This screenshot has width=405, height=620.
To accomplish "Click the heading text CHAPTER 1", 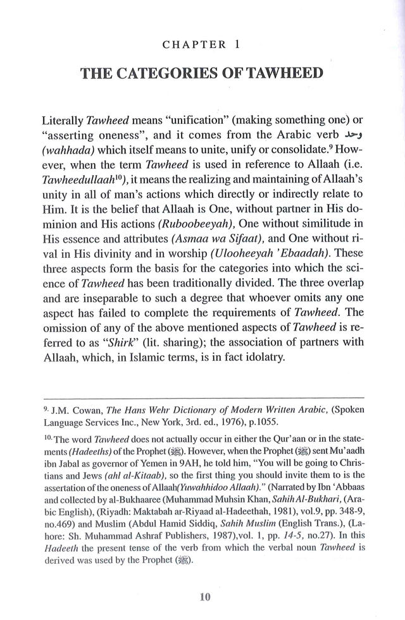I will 202,46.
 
